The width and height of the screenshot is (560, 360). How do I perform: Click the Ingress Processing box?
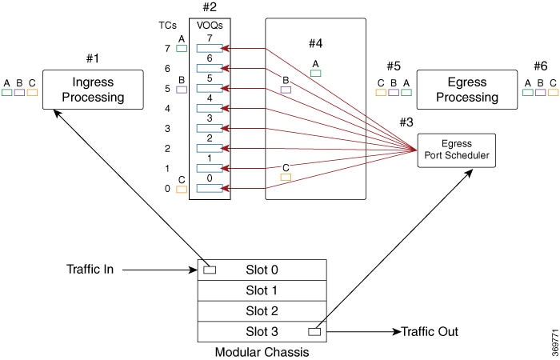[93, 90]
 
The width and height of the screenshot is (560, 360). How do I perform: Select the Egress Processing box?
[466, 90]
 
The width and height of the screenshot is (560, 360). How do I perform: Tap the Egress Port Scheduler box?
[457, 150]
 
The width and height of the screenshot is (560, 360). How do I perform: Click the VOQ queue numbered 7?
[210, 49]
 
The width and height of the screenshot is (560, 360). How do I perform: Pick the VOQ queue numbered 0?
[210, 188]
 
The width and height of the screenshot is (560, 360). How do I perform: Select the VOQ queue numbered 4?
[210, 108]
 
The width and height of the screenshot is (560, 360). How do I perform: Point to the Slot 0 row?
[262, 270]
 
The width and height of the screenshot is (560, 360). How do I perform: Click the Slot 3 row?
[262, 332]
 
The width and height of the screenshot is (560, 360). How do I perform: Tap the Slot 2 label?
[262, 311]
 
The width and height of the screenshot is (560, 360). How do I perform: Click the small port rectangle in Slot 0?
[210, 270]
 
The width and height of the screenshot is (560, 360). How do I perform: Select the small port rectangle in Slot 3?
[314, 332]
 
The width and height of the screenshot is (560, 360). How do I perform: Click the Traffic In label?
[90, 269]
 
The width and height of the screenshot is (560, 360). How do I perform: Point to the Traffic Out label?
[430, 332]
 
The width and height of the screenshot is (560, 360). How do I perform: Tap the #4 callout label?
[316, 43]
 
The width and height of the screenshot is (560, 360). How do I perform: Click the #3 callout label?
[406, 122]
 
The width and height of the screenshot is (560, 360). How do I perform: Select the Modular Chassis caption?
[262, 352]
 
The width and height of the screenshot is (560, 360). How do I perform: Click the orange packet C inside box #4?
[286, 177]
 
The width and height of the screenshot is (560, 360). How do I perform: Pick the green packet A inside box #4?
[316, 74]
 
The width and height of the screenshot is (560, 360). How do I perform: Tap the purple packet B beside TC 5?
[182, 90]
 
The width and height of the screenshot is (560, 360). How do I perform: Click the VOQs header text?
[210, 26]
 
